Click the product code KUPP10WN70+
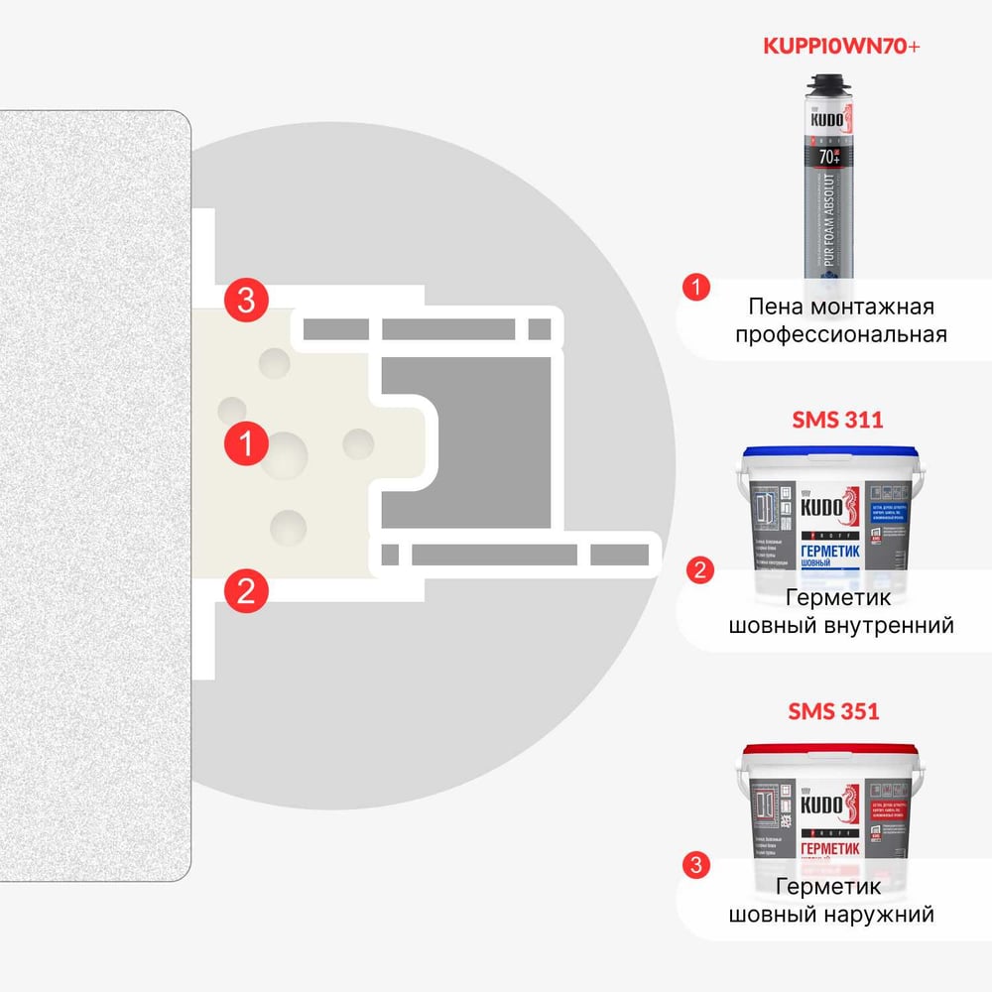[838, 47]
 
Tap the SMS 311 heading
[837, 420]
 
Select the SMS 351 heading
[834, 710]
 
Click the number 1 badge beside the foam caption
[698, 289]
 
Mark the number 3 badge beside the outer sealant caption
[698, 864]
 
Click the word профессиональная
[840, 334]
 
